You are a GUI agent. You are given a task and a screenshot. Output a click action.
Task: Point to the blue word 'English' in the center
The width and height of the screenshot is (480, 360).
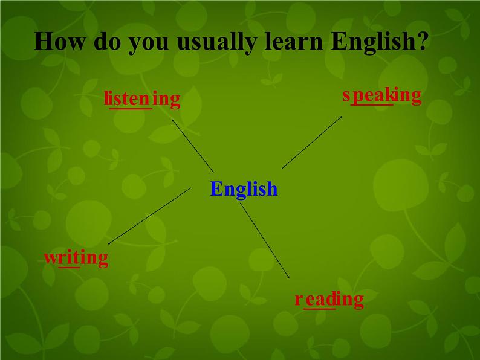click(x=244, y=189)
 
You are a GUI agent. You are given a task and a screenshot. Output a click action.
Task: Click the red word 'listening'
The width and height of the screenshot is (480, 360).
click(x=142, y=98)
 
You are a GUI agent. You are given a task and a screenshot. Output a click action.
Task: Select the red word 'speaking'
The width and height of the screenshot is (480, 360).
click(x=381, y=95)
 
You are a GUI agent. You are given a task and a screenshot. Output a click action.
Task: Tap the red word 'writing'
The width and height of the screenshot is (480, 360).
click(x=76, y=259)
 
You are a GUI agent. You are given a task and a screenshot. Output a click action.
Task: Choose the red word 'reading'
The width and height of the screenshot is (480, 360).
click(x=329, y=300)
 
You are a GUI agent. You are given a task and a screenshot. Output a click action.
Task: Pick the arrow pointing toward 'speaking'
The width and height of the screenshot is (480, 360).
click(x=312, y=142)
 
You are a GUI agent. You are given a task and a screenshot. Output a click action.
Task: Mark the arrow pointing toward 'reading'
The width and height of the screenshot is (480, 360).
click(x=265, y=242)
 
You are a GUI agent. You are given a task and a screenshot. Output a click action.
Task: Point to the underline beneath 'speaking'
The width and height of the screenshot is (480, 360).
click(x=372, y=105)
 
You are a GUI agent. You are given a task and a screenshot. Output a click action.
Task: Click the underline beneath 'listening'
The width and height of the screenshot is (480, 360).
click(x=129, y=109)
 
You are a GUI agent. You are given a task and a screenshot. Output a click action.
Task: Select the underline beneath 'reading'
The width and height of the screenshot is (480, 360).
click(x=319, y=309)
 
